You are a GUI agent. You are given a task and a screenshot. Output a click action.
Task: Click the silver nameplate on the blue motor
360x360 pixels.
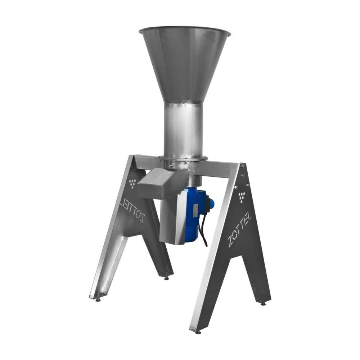click(x=196, y=210)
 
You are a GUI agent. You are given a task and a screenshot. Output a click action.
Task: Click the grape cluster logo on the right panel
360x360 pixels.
click(x=242, y=197)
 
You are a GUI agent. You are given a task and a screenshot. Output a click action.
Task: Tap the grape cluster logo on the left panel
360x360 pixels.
click(x=132, y=184)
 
